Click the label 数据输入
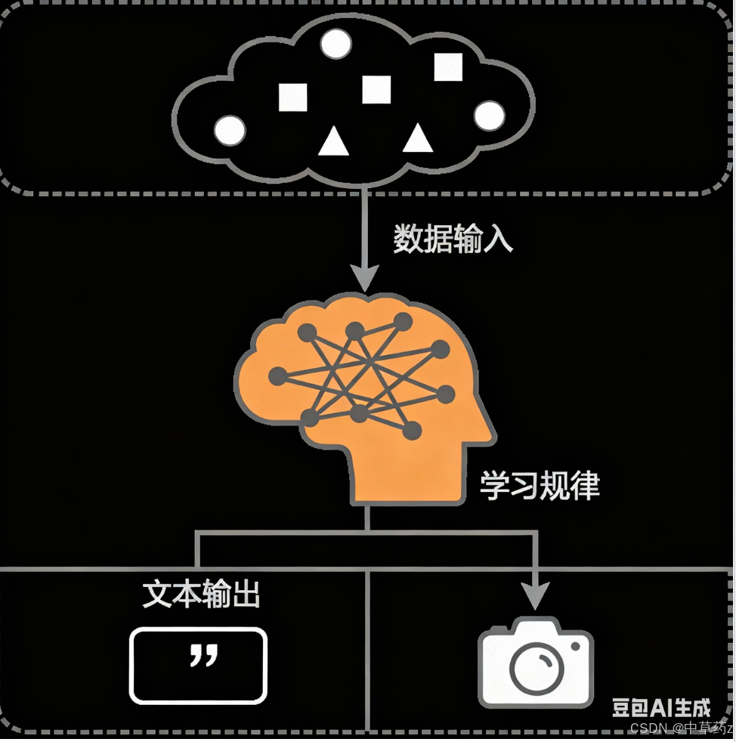(453, 239)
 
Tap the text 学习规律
(540, 485)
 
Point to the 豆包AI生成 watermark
(661, 707)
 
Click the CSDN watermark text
(682, 728)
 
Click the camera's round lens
(537, 668)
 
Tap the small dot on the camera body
(576, 646)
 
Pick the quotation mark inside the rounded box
(204, 654)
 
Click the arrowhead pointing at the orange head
(364, 278)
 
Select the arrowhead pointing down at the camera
(535, 595)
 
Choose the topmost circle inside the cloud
(336, 44)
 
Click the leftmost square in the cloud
(293, 97)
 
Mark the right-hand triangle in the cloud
(417, 138)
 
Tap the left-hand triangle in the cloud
(334, 141)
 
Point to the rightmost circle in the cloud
(489, 116)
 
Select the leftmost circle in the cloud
(230, 130)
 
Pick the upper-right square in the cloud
(448, 66)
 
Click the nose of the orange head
(491, 431)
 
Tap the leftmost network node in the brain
(278, 377)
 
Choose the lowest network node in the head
(412, 430)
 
